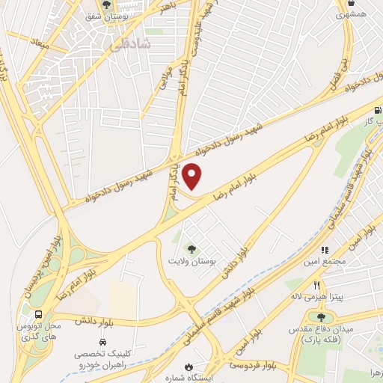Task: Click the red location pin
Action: click(192, 177)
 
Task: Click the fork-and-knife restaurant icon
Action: click(318, 284)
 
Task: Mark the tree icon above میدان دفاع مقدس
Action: click(321, 317)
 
